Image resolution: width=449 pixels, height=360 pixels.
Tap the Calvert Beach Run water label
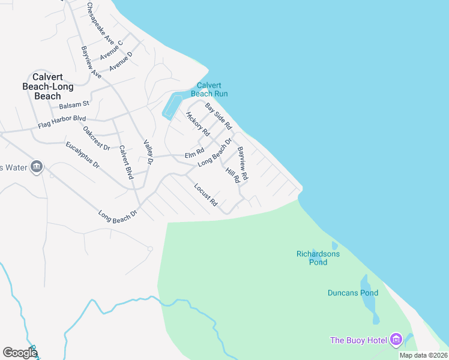[209, 89]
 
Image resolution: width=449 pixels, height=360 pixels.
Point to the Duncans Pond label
[353, 293]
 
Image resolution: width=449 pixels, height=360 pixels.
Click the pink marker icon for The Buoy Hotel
[396, 340]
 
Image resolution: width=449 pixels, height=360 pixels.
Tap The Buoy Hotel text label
[359, 341]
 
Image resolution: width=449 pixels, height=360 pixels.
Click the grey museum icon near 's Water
[37, 167]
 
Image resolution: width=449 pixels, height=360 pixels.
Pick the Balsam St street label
[74, 105]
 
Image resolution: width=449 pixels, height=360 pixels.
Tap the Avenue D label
[121, 62]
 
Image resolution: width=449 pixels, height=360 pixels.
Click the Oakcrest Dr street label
[97, 138]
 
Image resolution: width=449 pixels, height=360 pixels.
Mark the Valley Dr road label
[149, 152]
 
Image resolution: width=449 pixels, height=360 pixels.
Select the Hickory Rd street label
[197, 124]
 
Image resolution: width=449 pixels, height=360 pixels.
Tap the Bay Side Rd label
[218, 116]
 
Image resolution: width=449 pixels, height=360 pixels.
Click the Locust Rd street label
[205, 195]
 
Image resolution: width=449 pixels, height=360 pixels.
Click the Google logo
[20, 353]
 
